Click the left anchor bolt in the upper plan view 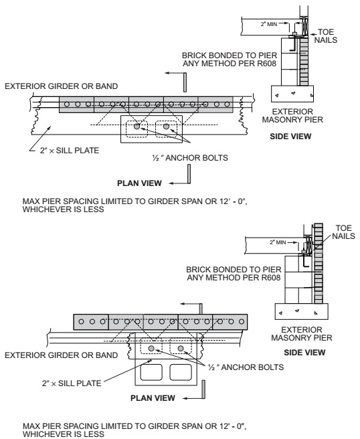137,126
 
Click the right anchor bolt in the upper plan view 167,126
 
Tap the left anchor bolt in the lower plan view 151,349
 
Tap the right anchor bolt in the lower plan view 181,349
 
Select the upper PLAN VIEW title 139,183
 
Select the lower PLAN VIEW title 153,398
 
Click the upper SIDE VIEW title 290,137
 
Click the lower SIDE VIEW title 304,353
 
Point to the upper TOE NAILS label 326,36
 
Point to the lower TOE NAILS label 343,232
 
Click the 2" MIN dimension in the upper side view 269,24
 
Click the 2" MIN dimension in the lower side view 278,242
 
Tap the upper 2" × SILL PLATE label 70,151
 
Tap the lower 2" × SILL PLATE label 72,383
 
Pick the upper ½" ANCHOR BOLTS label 190,158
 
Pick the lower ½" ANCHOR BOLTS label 246,367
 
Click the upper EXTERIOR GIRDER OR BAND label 62,86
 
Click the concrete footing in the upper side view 292,94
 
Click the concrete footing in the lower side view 302,312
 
